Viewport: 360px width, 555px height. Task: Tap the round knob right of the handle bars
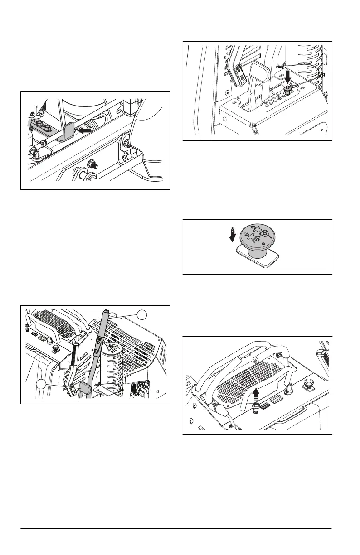tap(310, 384)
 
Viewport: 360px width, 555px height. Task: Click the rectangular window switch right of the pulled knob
tap(274, 399)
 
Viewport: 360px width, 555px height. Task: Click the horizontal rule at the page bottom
tap(176, 529)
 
